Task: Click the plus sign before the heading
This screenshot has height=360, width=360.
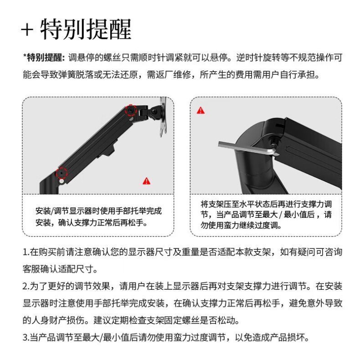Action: click(x=27, y=30)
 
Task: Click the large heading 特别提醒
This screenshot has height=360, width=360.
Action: click(x=86, y=29)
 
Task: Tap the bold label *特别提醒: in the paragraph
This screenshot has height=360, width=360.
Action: click(x=44, y=57)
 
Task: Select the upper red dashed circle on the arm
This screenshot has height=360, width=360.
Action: click(x=131, y=110)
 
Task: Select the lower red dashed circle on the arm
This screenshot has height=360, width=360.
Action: click(x=62, y=172)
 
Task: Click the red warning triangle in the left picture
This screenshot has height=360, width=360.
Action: click(x=146, y=181)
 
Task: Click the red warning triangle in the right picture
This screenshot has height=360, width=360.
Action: click(x=201, y=110)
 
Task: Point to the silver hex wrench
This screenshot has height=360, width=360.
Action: click(x=248, y=149)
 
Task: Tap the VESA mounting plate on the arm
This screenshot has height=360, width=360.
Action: click(x=163, y=117)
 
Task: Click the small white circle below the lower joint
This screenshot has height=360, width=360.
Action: click(x=62, y=181)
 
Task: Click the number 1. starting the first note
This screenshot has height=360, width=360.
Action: click(x=26, y=252)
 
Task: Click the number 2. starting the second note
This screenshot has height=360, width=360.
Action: click(x=26, y=286)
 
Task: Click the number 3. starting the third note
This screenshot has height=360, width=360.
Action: click(x=26, y=338)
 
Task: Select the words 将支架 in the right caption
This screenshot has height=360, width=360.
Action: click(x=212, y=204)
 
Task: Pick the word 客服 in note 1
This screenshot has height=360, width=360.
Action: click(x=31, y=269)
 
